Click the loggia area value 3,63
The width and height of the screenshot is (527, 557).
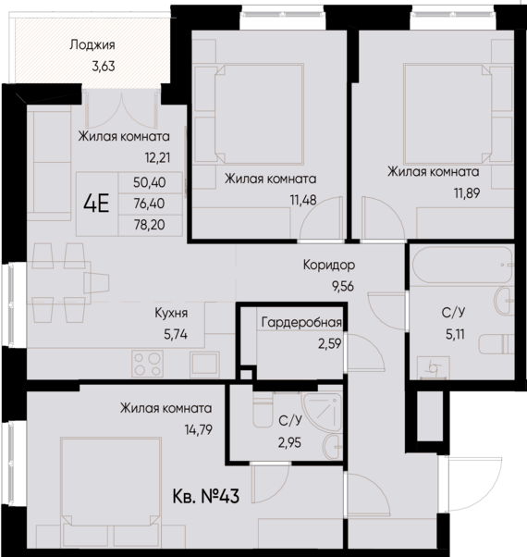pos(92,65)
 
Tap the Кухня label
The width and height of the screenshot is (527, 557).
pos(172,313)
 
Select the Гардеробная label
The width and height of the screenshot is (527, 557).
pos(301,323)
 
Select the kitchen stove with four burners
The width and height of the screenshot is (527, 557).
pos(148,358)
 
